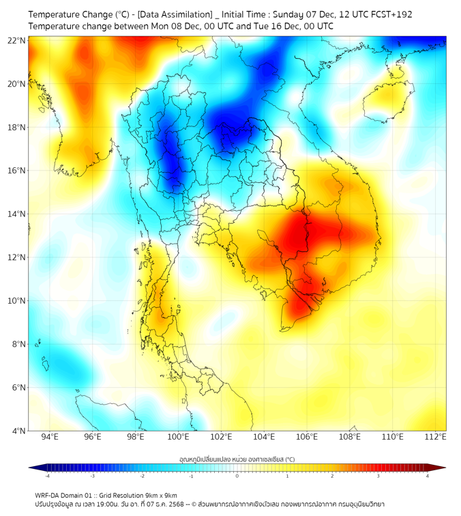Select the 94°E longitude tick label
(50, 438)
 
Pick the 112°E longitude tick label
(435, 438)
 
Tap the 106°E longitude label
(307, 438)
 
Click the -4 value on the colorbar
(47, 475)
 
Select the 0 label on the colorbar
(237, 475)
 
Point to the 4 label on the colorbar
(427, 475)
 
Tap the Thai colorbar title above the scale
(237, 459)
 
